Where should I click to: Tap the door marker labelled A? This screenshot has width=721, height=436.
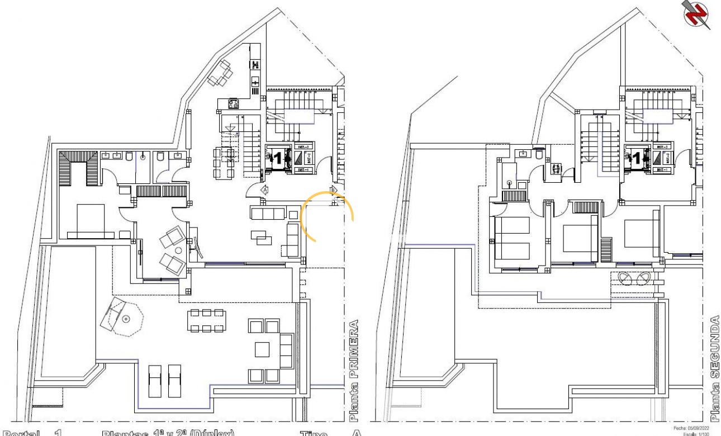(265, 190)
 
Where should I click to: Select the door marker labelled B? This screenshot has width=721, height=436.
(334, 191)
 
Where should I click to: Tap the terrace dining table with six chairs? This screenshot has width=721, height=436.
(206, 320)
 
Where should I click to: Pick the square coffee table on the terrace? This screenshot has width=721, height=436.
(263, 349)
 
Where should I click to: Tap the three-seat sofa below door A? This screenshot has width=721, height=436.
(268, 213)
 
